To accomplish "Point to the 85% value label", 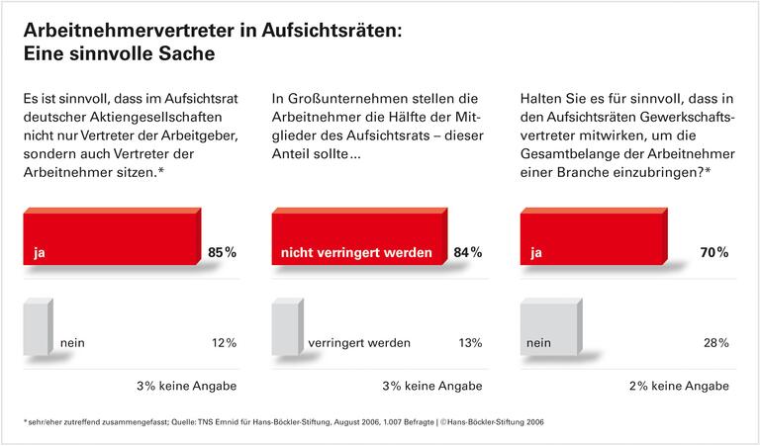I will coord(223,252).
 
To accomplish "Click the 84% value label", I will coord(468,252).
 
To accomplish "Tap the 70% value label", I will coord(715,252).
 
